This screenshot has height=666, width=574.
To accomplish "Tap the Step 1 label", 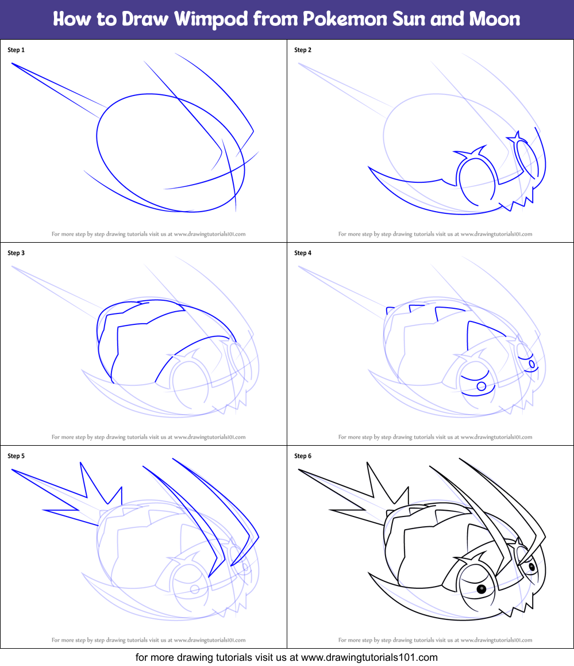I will (16, 50).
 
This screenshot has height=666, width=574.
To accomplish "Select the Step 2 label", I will (303, 50).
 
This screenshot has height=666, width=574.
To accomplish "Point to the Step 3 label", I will (16, 253).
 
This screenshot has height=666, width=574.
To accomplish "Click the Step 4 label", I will (303, 253).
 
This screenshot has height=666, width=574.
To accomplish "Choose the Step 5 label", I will (16, 456).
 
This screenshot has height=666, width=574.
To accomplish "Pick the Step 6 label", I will (303, 456).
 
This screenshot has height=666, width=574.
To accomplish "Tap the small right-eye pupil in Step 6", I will (532, 567).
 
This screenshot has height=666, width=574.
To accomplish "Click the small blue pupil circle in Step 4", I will (481, 386).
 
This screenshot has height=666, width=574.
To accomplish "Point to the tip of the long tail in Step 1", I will (13, 63).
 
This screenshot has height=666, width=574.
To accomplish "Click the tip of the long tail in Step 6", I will (300, 470).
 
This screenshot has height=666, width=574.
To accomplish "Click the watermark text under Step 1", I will (148, 234).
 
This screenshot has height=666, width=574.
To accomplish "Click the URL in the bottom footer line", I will (369, 657).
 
